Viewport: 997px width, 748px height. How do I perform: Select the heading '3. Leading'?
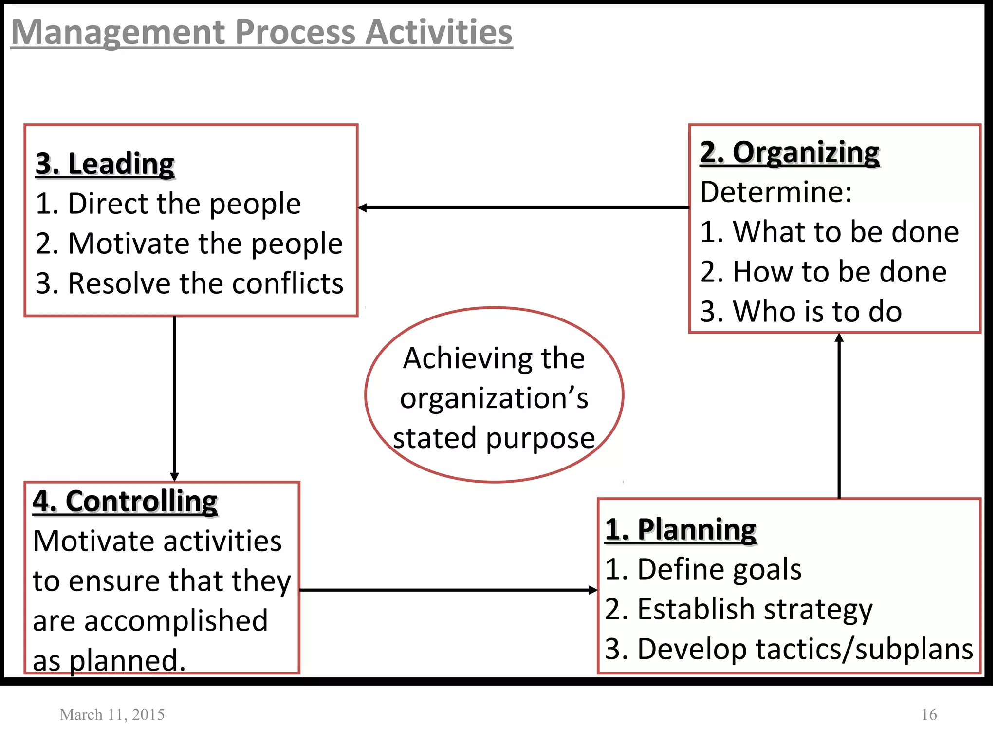[105, 164]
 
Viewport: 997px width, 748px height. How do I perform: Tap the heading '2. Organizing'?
[789, 152]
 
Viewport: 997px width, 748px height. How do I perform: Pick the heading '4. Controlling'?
[125, 501]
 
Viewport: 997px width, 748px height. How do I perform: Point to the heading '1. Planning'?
[681, 529]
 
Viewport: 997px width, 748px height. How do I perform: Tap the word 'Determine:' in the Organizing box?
[776, 192]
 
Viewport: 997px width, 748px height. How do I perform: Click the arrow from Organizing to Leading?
[523, 208]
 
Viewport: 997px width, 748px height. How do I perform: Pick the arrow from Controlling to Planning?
[448, 590]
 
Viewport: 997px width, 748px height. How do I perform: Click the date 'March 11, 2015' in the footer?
[112, 714]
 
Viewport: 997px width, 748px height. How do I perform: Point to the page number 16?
[929, 714]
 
